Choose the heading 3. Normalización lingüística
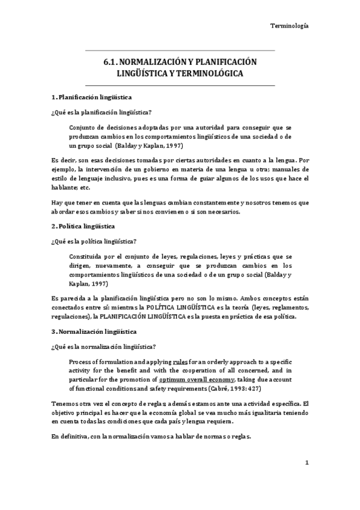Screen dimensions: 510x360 coord(94,331)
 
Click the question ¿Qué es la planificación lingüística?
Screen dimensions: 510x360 coord(100,112)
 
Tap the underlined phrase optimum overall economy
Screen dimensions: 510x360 coord(198,380)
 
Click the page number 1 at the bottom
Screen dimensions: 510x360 coord(307,462)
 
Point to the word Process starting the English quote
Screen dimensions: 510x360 coord(81,362)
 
